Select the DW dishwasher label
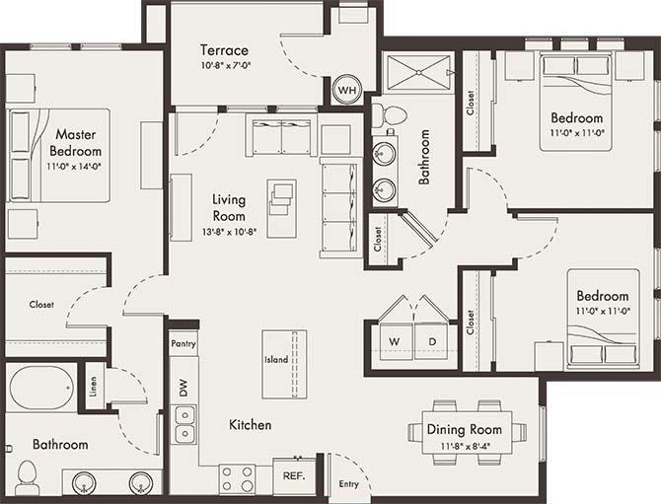pyautogui.click(x=183, y=388)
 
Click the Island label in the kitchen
pyautogui.click(x=276, y=360)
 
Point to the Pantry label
pyautogui.click(x=184, y=344)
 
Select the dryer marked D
pyautogui.click(x=430, y=341)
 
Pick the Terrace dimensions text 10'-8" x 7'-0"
pyautogui.click(x=224, y=67)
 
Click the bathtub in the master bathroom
pyautogui.click(x=41, y=387)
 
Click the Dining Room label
pyautogui.click(x=464, y=429)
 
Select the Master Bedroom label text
pyautogui.click(x=76, y=143)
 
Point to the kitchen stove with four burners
pyautogui.click(x=237, y=478)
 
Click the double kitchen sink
pyautogui.click(x=184, y=424)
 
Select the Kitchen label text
pyautogui.click(x=251, y=425)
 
